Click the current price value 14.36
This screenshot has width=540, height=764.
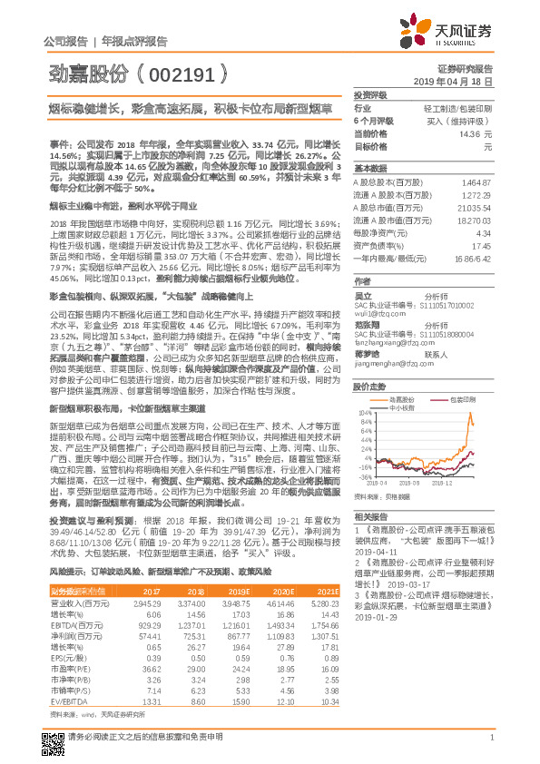(468, 133)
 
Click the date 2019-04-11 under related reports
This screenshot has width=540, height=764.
(375, 552)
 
